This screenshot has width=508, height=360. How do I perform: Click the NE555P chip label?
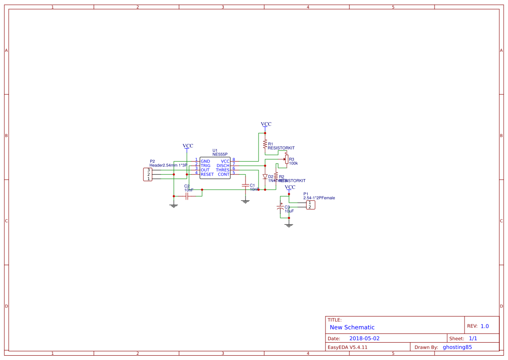(220, 154)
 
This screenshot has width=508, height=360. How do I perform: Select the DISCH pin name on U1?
(222, 166)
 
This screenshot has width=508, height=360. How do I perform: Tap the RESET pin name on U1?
(207, 174)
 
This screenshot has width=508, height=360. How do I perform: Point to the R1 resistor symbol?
(265, 143)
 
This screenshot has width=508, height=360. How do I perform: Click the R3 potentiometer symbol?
(286, 160)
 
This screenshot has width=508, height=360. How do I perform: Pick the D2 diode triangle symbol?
(265, 177)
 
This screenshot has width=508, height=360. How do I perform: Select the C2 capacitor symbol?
(187, 197)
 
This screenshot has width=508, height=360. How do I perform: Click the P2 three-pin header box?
(148, 174)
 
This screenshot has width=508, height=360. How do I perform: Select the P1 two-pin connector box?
(310, 205)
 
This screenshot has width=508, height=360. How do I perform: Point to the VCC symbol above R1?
(266, 125)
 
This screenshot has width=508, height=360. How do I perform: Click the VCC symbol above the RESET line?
(188, 147)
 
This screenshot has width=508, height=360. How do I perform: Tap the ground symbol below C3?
(289, 225)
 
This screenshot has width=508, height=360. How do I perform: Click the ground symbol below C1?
(245, 201)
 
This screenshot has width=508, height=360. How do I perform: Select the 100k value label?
(293, 163)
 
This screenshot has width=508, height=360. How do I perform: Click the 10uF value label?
(289, 211)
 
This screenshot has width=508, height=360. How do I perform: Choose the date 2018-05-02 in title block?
(364, 338)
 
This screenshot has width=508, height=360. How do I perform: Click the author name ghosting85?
(457, 347)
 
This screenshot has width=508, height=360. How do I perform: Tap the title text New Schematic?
(352, 327)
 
